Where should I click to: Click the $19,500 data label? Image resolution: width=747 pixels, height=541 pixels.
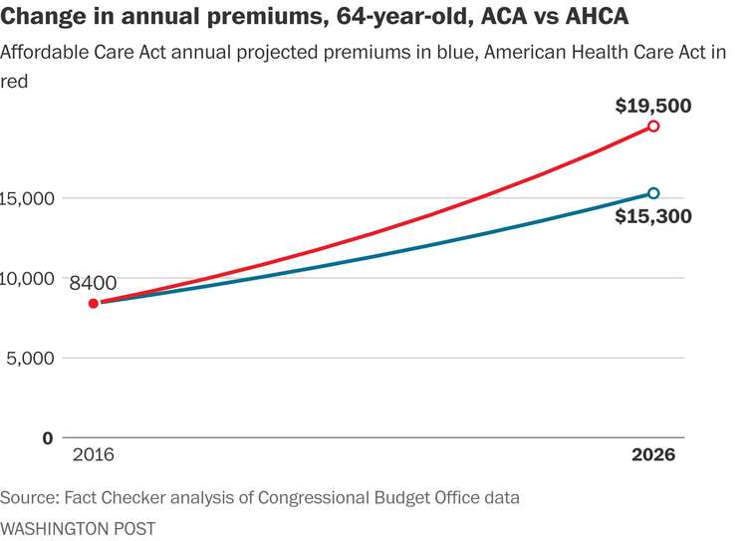tap(652, 105)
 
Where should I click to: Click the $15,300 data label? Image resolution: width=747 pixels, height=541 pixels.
tap(652, 216)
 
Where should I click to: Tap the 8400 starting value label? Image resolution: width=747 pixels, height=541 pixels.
tap(94, 283)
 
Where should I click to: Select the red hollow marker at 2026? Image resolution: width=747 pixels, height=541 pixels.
tap(653, 127)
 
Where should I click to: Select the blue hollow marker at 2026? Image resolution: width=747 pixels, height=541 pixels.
tap(653, 193)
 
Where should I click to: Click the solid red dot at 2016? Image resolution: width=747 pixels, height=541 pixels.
tap(94, 303)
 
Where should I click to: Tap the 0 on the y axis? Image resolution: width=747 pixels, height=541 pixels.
tap(47, 437)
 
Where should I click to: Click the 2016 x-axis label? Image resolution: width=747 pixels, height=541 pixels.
tap(94, 454)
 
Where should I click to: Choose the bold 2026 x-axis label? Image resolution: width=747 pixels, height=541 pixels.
tap(653, 454)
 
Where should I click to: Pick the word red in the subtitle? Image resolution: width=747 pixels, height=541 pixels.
tap(14, 82)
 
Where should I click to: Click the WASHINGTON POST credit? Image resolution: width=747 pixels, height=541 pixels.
tap(78, 527)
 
